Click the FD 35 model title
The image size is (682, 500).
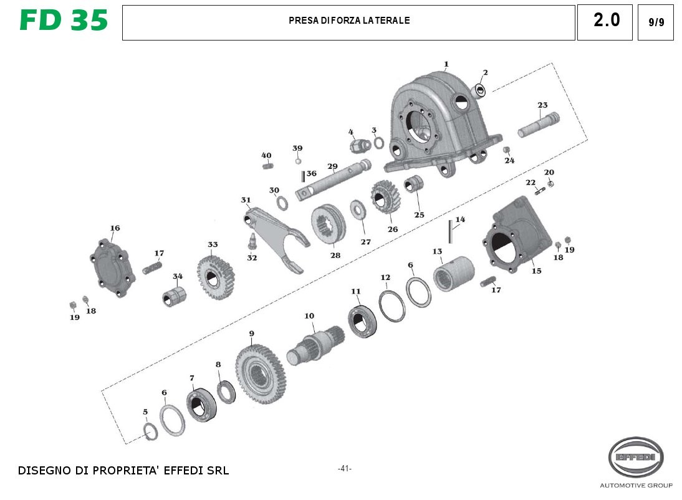coord(64,21)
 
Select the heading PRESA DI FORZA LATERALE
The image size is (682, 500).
coord(349,21)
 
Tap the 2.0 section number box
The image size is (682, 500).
coord(606,21)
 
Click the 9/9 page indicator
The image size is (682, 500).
coord(656,22)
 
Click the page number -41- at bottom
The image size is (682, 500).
coord(344,468)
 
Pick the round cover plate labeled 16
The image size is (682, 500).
coord(113,267)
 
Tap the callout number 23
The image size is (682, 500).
coord(542,105)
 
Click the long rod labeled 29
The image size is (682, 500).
coord(334,181)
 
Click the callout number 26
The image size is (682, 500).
coord(392,229)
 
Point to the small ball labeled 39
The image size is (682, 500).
coord(298,161)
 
